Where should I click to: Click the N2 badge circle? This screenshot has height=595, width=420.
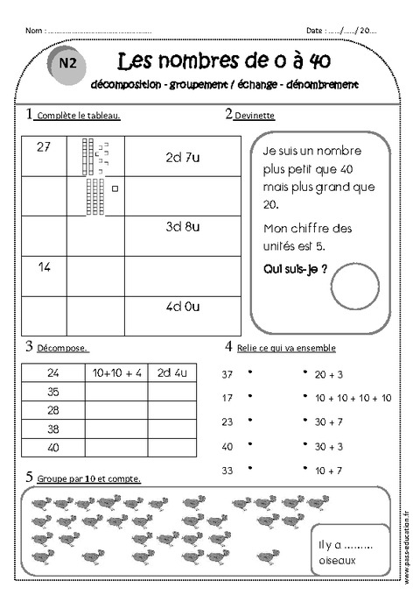[66, 64]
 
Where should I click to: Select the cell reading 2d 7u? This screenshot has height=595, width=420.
[183, 158]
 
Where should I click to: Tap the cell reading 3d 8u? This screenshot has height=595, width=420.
[183, 227]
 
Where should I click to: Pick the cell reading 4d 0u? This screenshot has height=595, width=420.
[183, 307]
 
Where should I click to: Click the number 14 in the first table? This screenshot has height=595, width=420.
[45, 266]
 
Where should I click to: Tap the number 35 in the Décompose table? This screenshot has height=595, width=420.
[53, 392]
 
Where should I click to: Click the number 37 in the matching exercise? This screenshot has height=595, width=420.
[228, 375]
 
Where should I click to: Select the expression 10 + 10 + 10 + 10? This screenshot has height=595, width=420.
[353, 398]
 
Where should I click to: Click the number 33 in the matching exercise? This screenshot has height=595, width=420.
[228, 471]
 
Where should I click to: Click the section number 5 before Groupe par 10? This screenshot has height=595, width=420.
[30, 478]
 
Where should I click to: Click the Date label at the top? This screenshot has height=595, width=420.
[317, 30]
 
